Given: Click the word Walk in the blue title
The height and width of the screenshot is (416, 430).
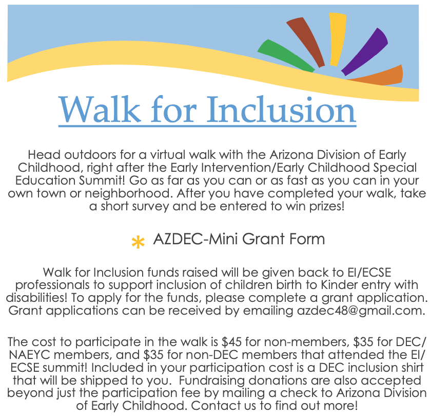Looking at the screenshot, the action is [100, 110].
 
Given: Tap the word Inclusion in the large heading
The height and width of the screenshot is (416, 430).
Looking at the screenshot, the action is [281, 110].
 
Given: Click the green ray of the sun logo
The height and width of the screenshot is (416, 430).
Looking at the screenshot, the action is [285, 56].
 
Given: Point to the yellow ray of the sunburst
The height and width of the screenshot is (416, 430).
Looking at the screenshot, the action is [337, 39].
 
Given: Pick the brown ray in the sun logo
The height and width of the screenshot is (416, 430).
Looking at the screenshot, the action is [306, 42].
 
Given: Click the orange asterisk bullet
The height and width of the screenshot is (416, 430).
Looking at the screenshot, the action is [138, 242].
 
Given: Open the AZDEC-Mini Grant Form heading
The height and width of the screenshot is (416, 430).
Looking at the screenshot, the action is [239, 239].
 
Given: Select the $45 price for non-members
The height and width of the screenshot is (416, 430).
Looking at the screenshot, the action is [232, 342].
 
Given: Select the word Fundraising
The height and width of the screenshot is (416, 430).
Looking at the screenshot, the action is [212, 381].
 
